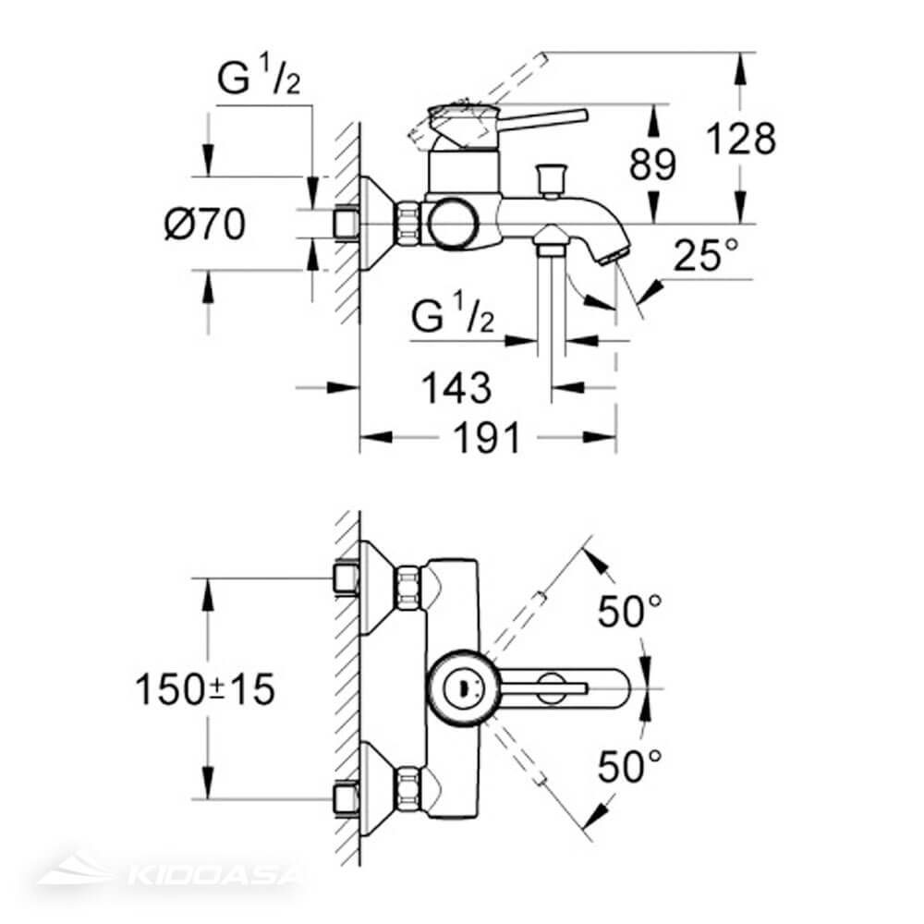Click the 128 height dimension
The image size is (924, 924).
[x=740, y=140]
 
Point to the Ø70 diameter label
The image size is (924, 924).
[x=205, y=224]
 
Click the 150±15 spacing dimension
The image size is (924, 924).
[x=205, y=689]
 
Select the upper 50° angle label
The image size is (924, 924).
[x=630, y=612]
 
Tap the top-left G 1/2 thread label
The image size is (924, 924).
[x=259, y=82]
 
